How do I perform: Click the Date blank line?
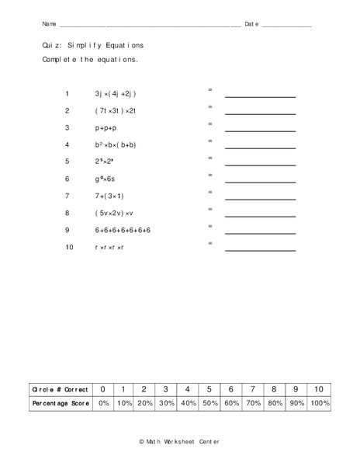point(287,26)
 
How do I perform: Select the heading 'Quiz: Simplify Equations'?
point(93,46)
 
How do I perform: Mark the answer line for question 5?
point(260,165)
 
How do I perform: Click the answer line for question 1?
point(260,96)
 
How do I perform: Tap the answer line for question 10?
point(260,250)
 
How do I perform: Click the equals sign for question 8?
point(210,209)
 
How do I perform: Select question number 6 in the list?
point(67,179)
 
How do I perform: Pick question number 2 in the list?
point(67,110)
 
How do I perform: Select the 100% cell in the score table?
point(320,404)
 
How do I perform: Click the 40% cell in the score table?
point(188,404)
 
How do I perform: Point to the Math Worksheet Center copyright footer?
point(179,440)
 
